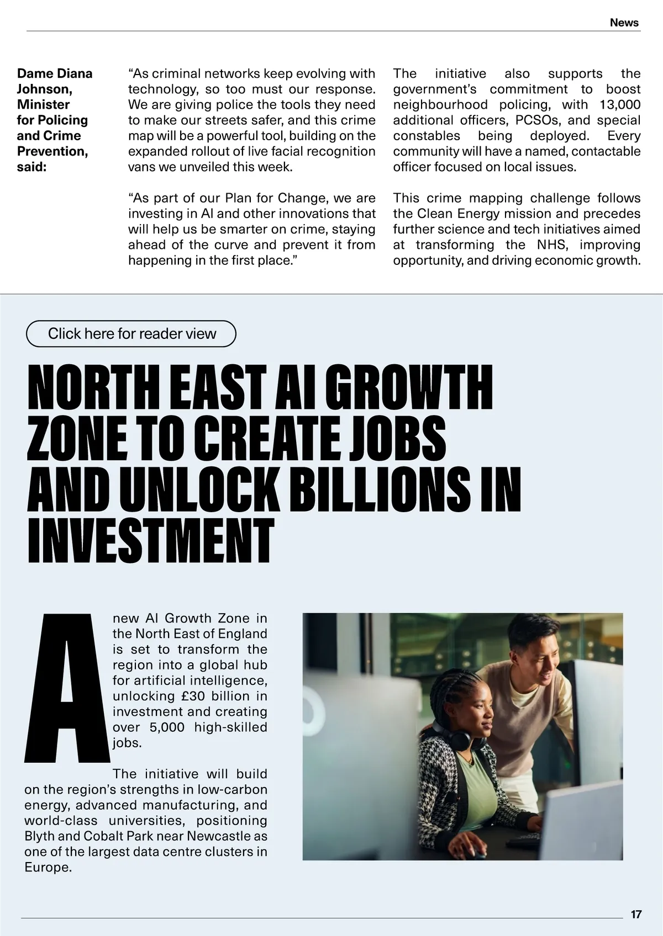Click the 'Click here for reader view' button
131,334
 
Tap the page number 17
636,914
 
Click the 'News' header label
624,23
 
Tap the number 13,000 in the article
620,105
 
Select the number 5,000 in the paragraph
167,727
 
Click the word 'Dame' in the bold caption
34,74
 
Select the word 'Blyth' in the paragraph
39,836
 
